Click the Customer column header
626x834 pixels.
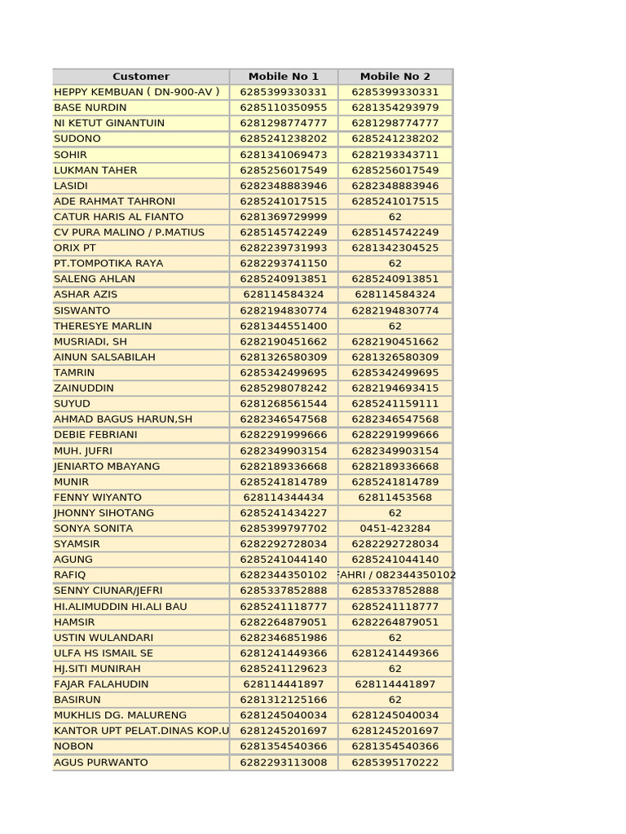141,77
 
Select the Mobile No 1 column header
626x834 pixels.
284,77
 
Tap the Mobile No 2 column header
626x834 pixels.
395,77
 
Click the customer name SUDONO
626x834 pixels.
77,138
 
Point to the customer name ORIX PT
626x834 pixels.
75,248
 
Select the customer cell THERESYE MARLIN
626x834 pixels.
103,326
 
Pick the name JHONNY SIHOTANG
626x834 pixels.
104,513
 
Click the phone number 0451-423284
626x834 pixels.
395,529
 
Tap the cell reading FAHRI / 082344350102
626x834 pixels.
395,575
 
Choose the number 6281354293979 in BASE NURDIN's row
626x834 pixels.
395,108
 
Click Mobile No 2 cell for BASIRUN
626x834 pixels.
395,700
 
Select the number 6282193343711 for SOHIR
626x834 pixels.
395,155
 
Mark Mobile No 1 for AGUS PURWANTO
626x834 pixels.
284,762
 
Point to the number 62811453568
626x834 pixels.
395,498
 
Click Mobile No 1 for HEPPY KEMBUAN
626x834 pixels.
284,92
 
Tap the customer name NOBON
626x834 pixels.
73,746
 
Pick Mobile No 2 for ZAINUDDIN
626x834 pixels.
395,388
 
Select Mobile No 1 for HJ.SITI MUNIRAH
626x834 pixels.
284,669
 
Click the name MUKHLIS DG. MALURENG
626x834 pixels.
120,715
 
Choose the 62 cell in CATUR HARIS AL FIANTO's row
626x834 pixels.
395,217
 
